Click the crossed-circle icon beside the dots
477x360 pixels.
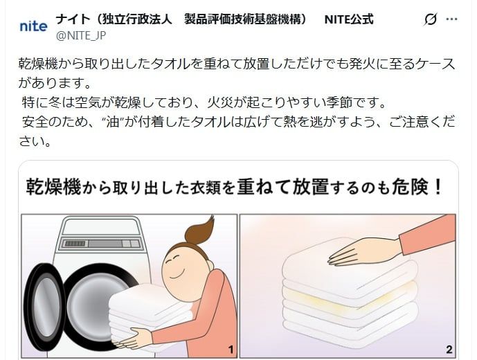[x=430, y=19]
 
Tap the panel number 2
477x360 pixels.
[x=449, y=349]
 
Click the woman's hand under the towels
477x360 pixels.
[x=135, y=338]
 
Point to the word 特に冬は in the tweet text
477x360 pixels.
[x=47, y=104]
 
